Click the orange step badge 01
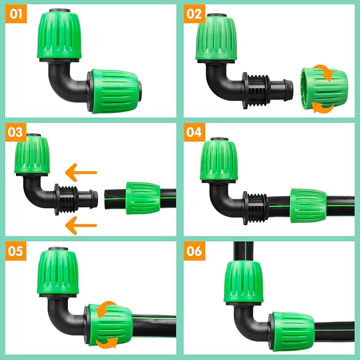click(x=16, y=14)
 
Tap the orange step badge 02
click(x=194, y=14)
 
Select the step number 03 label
click(x=16, y=133)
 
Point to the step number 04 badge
click(x=194, y=133)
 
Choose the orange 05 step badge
click(x=16, y=251)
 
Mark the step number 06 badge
click(x=194, y=251)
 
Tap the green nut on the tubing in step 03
click(x=142, y=198)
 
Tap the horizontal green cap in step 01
click(x=115, y=91)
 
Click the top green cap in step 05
click(x=59, y=273)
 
